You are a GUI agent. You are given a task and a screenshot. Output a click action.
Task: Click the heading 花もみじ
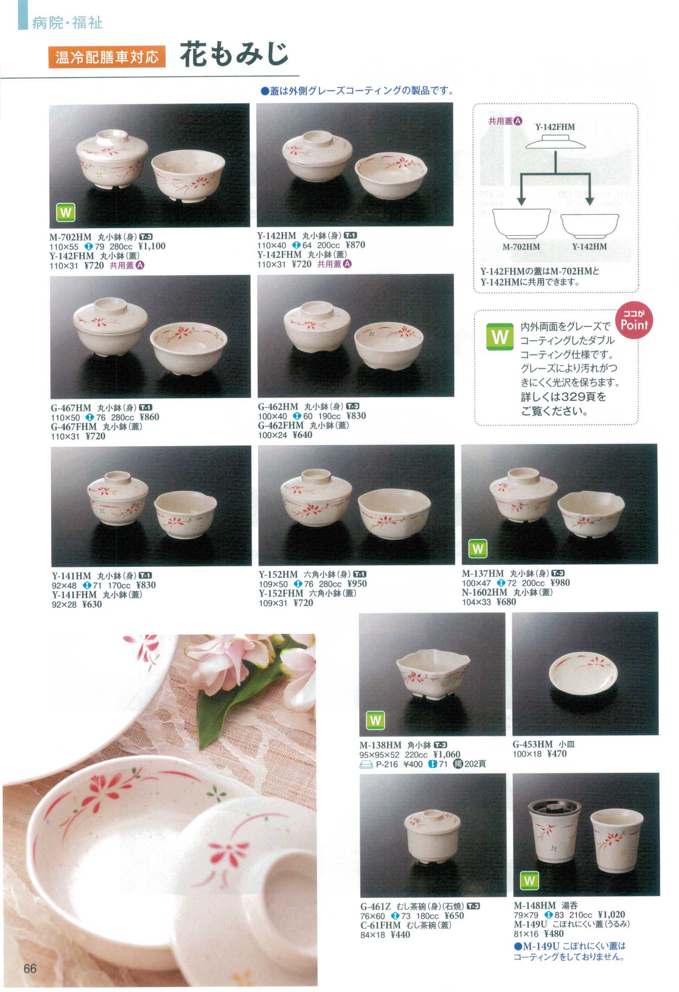(233, 55)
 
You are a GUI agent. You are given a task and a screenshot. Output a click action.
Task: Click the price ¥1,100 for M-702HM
(152, 246)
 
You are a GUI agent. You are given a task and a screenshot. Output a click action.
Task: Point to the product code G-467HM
(71, 408)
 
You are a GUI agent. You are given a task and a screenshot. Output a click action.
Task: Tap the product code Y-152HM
(278, 575)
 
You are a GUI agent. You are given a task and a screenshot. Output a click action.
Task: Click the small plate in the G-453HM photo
(582, 674)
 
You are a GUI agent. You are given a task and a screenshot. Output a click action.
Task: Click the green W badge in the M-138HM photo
(375, 720)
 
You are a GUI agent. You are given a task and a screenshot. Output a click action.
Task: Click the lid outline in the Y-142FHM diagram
(555, 142)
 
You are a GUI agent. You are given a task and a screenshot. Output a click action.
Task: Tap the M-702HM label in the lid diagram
(521, 246)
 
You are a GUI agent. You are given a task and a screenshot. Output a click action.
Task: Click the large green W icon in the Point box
(500, 337)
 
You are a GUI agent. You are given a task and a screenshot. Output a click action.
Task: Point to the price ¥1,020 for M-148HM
(611, 914)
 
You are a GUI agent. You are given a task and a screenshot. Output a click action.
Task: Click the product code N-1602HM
(485, 592)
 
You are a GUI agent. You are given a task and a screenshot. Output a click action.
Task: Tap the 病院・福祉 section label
(67, 23)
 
